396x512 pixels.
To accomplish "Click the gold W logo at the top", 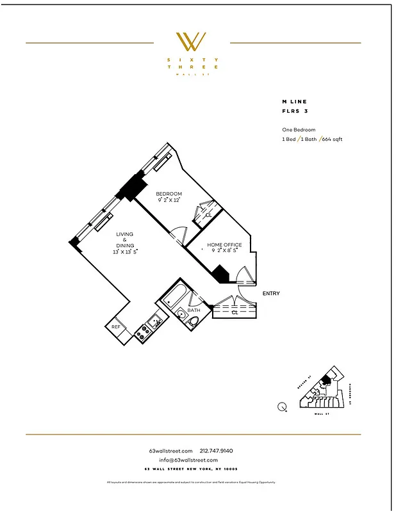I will [x=192, y=42].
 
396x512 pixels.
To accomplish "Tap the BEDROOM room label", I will [x=170, y=194].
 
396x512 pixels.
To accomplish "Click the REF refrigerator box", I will [x=116, y=327].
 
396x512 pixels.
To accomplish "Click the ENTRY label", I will [x=271, y=294].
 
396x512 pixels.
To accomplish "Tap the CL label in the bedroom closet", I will [x=208, y=216].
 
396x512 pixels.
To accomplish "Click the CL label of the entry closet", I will [x=235, y=313].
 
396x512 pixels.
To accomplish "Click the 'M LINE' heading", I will [x=294, y=101].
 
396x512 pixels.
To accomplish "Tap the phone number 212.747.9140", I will [x=221, y=451].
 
